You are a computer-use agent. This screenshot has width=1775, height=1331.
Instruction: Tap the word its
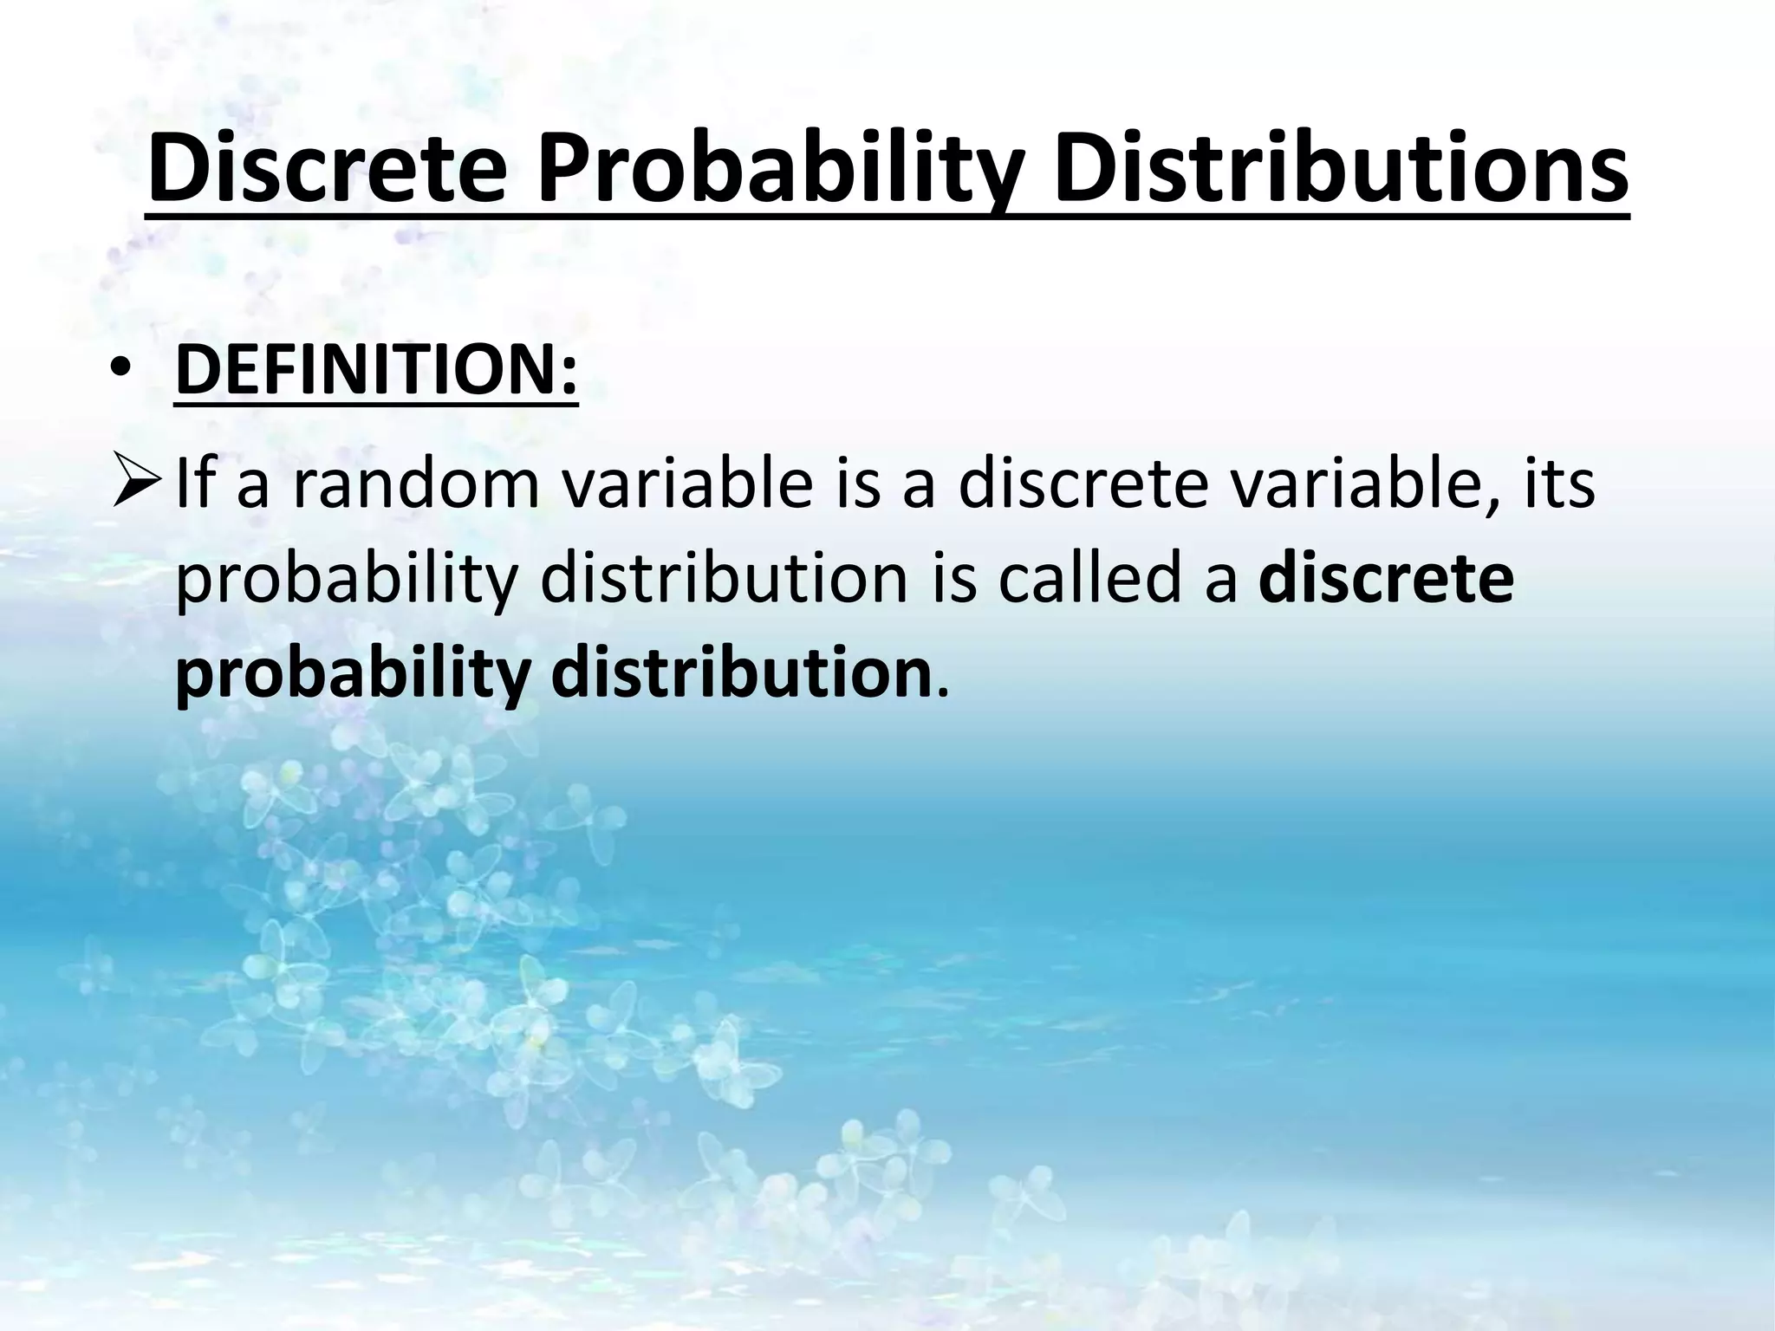[1557, 485]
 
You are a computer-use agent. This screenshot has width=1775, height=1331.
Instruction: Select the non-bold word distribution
[724, 579]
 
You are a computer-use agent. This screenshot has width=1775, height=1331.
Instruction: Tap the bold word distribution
[742, 674]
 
